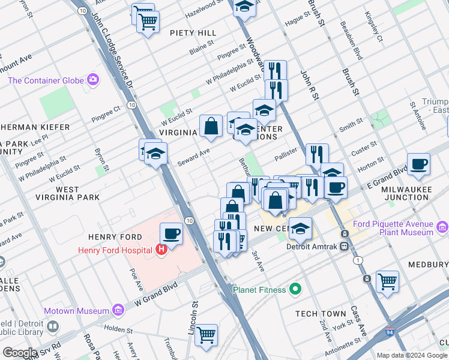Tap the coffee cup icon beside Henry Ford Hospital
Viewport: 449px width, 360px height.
pos(171,233)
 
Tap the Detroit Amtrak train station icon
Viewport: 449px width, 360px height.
pos(345,246)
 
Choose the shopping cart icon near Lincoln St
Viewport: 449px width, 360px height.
pos(206,335)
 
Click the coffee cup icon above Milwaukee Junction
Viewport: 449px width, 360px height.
pos(418,164)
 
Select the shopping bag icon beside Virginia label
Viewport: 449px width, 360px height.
pos(211,126)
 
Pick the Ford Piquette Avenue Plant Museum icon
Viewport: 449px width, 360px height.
pos(442,227)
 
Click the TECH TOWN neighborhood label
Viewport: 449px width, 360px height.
pos(321,314)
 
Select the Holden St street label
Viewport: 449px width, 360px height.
pos(118,328)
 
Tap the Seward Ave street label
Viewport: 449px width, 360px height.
pos(193,158)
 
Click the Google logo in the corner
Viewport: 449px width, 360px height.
pos(20,353)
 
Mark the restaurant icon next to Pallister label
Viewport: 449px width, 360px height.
pos(316,154)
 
